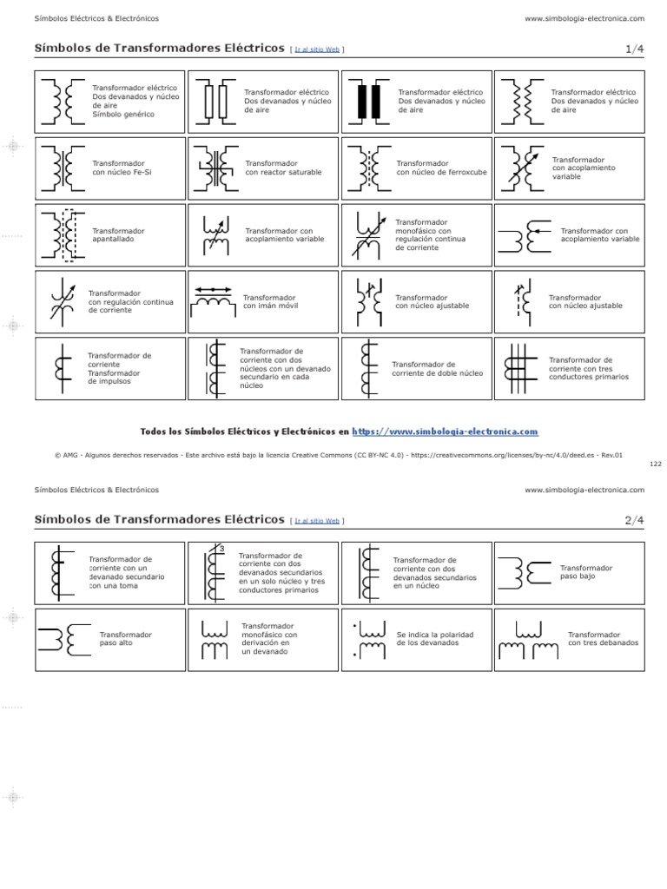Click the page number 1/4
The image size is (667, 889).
pyautogui.click(x=634, y=50)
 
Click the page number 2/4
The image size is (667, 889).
pyautogui.click(x=634, y=520)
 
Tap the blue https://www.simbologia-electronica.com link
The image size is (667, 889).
pyautogui.click(x=445, y=431)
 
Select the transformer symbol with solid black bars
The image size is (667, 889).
pyautogui.click(x=368, y=102)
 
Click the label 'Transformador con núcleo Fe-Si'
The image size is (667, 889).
pyautogui.click(x=121, y=168)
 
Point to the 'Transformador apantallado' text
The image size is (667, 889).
pyautogui.click(x=119, y=235)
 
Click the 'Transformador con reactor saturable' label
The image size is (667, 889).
pyautogui.click(x=283, y=168)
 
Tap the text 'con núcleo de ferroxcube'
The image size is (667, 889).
pyautogui.click(x=441, y=172)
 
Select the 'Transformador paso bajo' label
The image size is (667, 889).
pyautogui.click(x=586, y=572)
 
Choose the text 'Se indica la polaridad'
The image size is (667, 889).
pyautogui.click(x=435, y=635)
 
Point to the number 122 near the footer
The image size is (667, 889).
pyautogui.click(x=655, y=464)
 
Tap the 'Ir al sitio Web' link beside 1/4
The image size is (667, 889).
pyautogui.click(x=317, y=50)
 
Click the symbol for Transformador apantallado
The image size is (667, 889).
pyautogui.click(x=63, y=235)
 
